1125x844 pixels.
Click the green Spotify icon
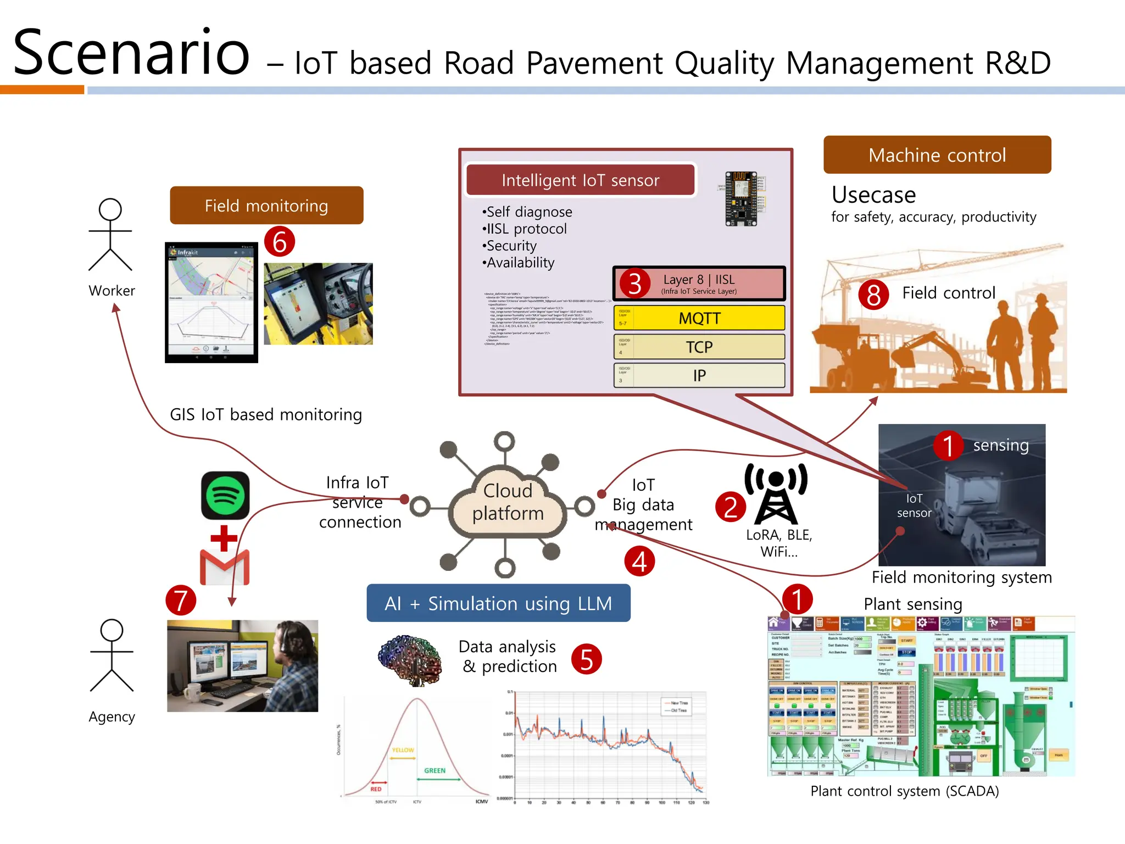(x=225, y=495)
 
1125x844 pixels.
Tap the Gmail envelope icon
(x=224, y=567)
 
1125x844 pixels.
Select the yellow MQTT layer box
(x=699, y=318)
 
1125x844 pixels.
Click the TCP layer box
(x=699, y=347)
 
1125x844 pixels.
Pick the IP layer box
(x=699, y=375)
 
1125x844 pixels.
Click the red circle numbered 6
(x=280, y=242)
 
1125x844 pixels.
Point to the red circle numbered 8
(x=873, y=295)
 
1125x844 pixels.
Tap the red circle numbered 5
(x=586, y=659)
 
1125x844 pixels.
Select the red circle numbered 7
(x=181, y=600)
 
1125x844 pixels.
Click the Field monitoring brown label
(x=266, y=206)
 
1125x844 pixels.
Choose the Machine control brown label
(x=937, y=155)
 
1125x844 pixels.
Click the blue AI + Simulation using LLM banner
(x=498, y=603)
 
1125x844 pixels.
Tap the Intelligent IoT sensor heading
(x=580, y=180)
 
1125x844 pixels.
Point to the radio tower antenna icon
(x=776, y=493)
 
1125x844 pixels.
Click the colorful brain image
(x=410, y=660)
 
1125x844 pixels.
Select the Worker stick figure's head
(x=110, y=209)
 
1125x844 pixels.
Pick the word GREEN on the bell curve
(x=435, y=770)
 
